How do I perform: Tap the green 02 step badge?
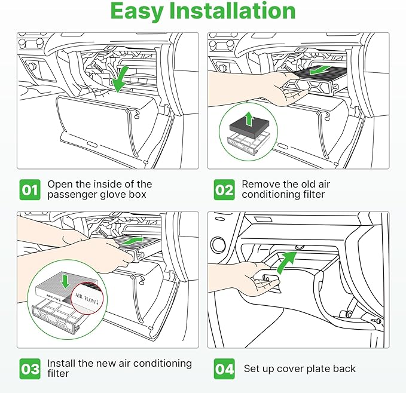224,190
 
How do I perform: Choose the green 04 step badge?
224,369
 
